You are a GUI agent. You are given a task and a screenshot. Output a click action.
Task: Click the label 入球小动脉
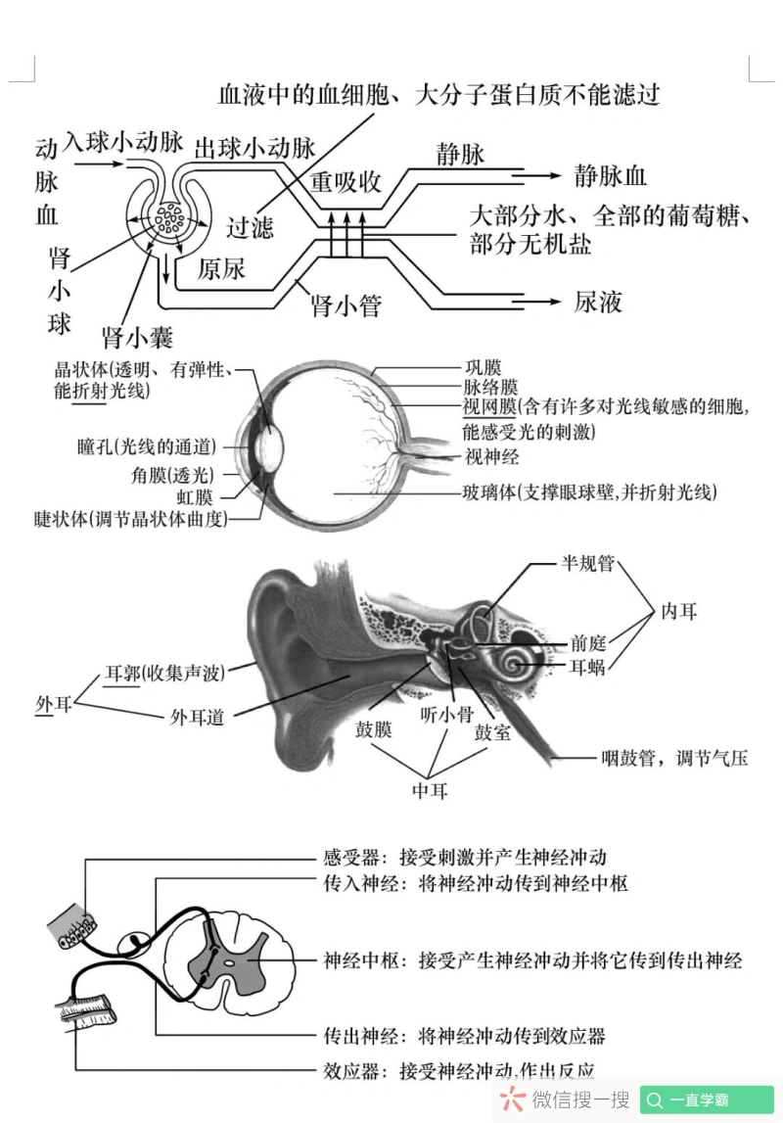click(122, 143)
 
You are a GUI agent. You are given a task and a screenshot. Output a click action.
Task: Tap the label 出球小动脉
click(255, 148)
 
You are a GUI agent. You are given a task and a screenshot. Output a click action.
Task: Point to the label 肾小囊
click(138, 338)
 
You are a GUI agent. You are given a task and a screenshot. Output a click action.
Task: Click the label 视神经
click(491, 456)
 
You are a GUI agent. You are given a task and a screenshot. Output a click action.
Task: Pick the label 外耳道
click(197, 717)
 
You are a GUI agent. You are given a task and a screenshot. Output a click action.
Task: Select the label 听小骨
click(446, 715)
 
